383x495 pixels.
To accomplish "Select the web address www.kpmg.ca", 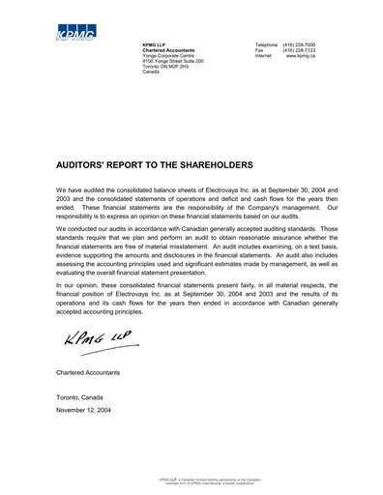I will (x=301, y=57).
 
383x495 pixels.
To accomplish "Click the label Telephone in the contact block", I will (x=266, y=45).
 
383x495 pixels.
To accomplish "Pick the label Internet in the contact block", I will (x=263, y=57).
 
